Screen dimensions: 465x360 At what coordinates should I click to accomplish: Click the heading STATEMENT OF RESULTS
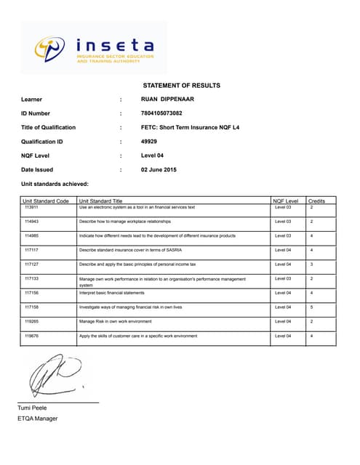pos(180,85)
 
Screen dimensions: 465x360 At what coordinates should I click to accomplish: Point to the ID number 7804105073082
pos(161,113)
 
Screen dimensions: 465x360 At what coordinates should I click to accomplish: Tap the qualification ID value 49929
pos(148,141)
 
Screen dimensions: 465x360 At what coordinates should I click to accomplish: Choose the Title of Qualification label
pos(48,127)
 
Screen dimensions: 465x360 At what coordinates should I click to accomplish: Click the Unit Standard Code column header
pos(45,201)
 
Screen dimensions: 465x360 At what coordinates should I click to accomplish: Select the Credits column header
pos(316,201)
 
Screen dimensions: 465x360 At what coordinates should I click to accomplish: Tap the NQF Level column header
pos(285,201)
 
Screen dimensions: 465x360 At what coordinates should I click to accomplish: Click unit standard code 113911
pos(31,207)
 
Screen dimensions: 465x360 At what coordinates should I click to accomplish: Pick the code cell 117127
pos(31,264)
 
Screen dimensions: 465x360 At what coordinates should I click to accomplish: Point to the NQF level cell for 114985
pos(283,235)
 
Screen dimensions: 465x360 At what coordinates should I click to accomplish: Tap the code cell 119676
pos(31,336)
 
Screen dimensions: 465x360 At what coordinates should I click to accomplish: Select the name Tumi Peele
pos(32,408)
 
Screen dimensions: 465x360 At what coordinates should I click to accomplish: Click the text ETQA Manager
pos(37,418)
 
